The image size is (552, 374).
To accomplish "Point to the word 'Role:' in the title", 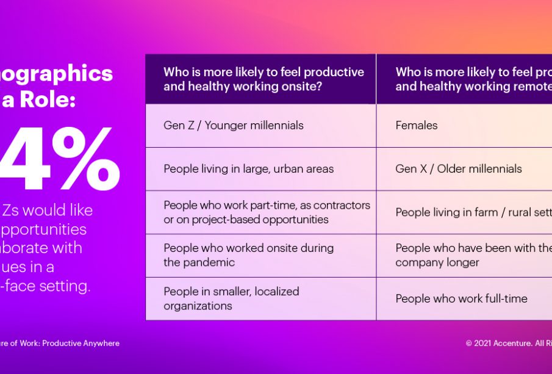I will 48,99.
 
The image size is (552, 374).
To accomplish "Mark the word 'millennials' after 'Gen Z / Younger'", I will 274,126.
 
